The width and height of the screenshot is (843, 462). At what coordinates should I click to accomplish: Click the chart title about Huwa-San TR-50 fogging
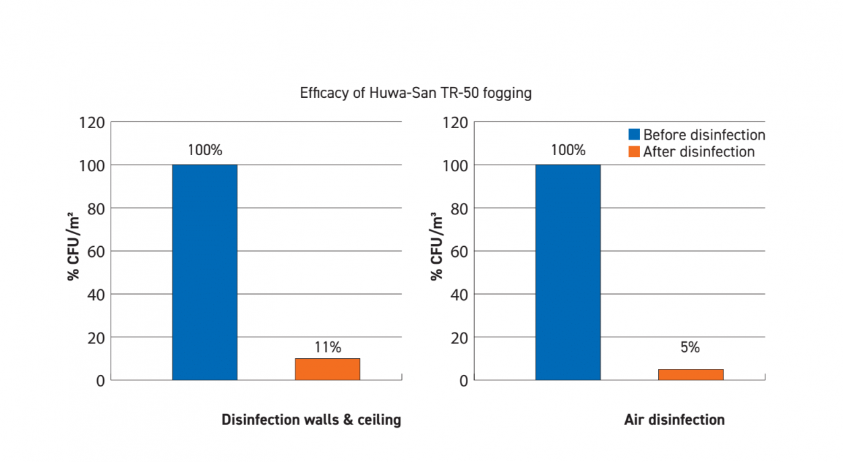(x=415, y=93)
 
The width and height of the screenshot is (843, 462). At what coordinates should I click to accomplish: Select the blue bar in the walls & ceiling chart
(x=204, y=272)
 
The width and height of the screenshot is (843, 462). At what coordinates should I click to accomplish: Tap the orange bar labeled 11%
(x=327, y=369)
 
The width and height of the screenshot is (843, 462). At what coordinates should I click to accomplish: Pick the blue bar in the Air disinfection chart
(x=568, y=272)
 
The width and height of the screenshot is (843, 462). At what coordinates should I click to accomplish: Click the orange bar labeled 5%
(x=691, y=374)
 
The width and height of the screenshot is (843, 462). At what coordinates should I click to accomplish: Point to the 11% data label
(x=328, y=347)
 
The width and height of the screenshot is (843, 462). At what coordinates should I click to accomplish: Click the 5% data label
(x=691, y=347)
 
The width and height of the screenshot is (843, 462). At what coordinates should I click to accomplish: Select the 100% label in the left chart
(x=204, y=150)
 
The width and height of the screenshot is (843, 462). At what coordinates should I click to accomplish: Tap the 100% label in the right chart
(x=568, y=150)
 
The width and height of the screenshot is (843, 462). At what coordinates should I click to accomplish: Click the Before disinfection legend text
(x=703, y=134)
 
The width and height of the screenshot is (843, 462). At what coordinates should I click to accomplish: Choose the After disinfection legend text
(x=699, y=152)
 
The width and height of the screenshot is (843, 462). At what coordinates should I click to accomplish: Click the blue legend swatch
(x=634, y=134)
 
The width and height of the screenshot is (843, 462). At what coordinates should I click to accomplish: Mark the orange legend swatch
(x=634, y=152)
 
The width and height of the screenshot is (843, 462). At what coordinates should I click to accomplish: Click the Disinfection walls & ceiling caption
(x=311, y=420)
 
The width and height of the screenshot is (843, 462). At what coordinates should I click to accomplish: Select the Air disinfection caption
(x=674, y=420)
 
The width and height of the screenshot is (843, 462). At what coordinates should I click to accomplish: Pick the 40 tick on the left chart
(x=95, y=295)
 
